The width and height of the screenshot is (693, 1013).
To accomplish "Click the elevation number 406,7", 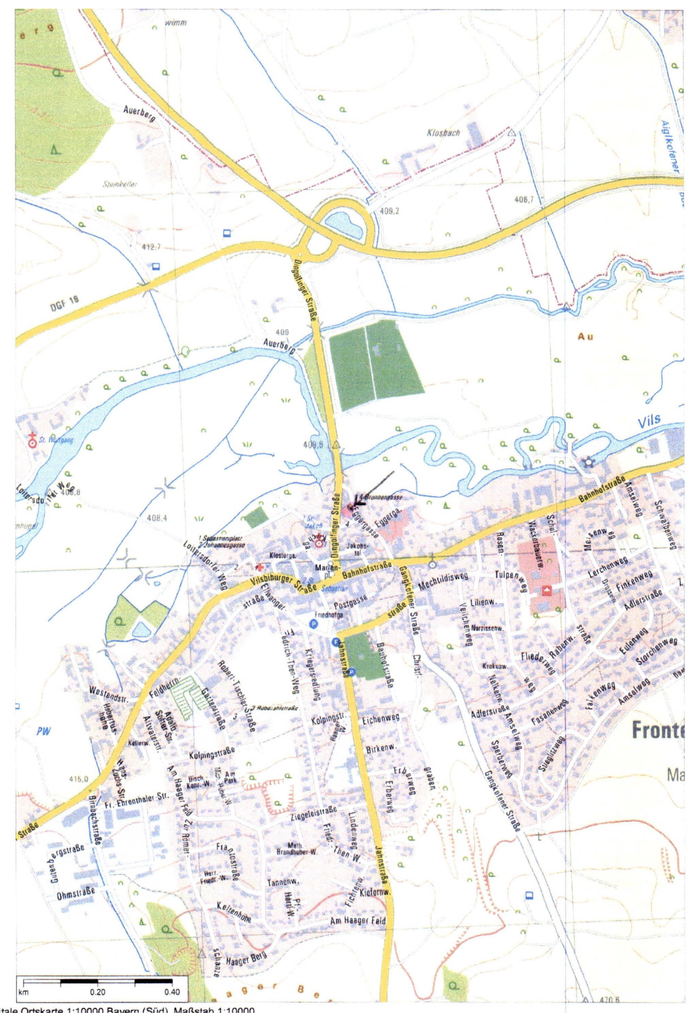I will (524, 200).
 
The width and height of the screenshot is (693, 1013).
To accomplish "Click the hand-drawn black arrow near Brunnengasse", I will (374, 487).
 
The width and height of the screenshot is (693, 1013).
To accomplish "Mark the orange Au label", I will (586, 337).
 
